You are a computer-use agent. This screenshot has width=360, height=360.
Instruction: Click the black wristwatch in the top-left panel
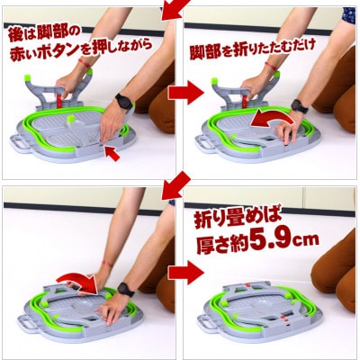click(x=123, y=101)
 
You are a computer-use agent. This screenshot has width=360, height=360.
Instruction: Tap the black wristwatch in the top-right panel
click(x=300, y=106)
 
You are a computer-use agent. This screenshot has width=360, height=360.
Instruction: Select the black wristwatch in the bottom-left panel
click(x=125, y=289)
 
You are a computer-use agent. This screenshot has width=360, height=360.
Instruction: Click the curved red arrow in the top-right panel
click(x=272, y=119)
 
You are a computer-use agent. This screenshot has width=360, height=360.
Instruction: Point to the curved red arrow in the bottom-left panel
click(x=78, y=282)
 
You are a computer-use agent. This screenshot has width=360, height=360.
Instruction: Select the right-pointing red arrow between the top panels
click(x=185, y=92)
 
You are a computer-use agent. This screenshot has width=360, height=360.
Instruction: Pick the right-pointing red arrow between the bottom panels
click(x=185, y=272)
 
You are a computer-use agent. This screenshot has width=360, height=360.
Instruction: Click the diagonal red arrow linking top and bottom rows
click(x=175, y=186)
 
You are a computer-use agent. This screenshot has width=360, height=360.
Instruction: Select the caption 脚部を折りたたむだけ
click(x=253, y=49)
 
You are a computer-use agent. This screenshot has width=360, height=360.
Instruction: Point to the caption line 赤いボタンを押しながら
click(x=81, y=49)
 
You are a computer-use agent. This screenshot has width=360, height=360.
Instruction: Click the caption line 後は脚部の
click(x=44, y=35)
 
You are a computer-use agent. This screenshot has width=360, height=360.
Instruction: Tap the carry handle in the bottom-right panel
click(x=205, y=323)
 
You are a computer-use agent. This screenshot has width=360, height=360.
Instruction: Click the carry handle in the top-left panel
click(x=18, y=143)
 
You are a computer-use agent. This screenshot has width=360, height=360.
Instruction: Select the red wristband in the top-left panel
click(x=85, y=63)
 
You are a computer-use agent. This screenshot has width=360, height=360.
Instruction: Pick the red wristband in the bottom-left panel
click(x=107, y=264)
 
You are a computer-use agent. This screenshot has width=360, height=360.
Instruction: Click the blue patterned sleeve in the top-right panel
click(x=349, y=15)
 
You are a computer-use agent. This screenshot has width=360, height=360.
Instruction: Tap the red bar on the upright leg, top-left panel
click(x=59, y=102)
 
